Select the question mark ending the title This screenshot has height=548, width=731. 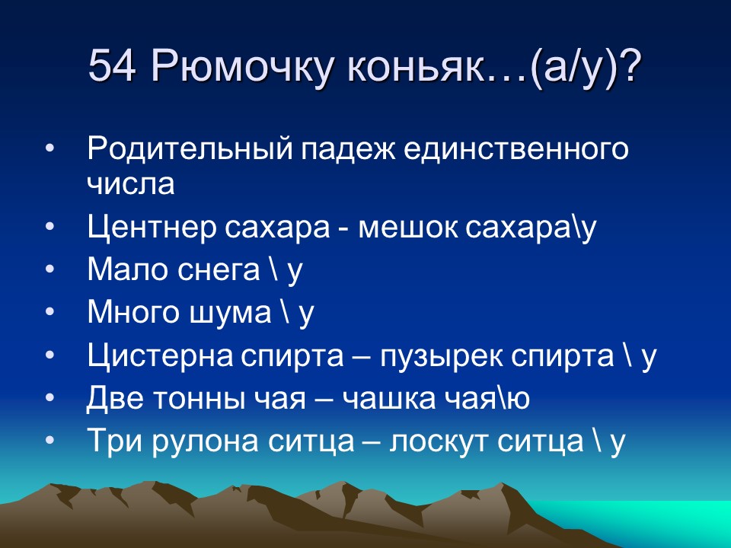point(630,67)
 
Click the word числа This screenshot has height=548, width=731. point(131,183)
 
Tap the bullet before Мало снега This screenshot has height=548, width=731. point(49,271)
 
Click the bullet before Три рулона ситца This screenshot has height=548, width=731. point(49,441)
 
